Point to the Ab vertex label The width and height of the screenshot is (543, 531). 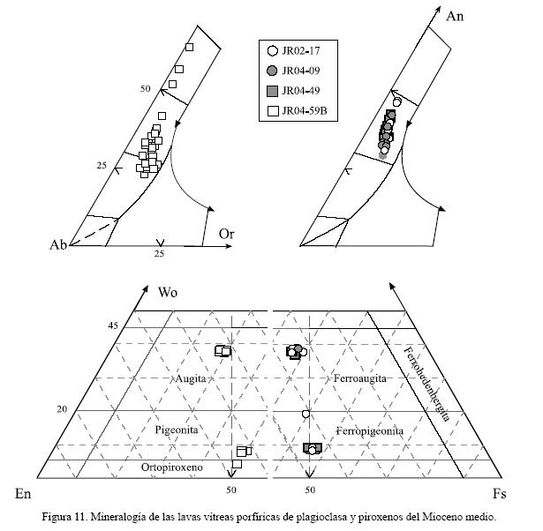tap(59, 245)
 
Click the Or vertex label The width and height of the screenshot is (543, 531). tap(227, 233)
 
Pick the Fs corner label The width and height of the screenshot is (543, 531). tap(499, 492)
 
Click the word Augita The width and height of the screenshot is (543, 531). tap(192, 378)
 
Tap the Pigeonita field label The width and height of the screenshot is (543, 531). tap(179, 430)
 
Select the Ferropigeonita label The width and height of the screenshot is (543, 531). tap(370, 430)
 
